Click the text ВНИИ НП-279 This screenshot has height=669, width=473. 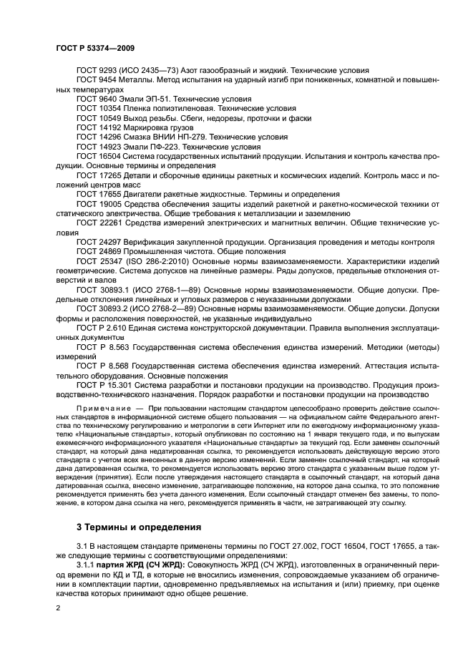tap(182, 137)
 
